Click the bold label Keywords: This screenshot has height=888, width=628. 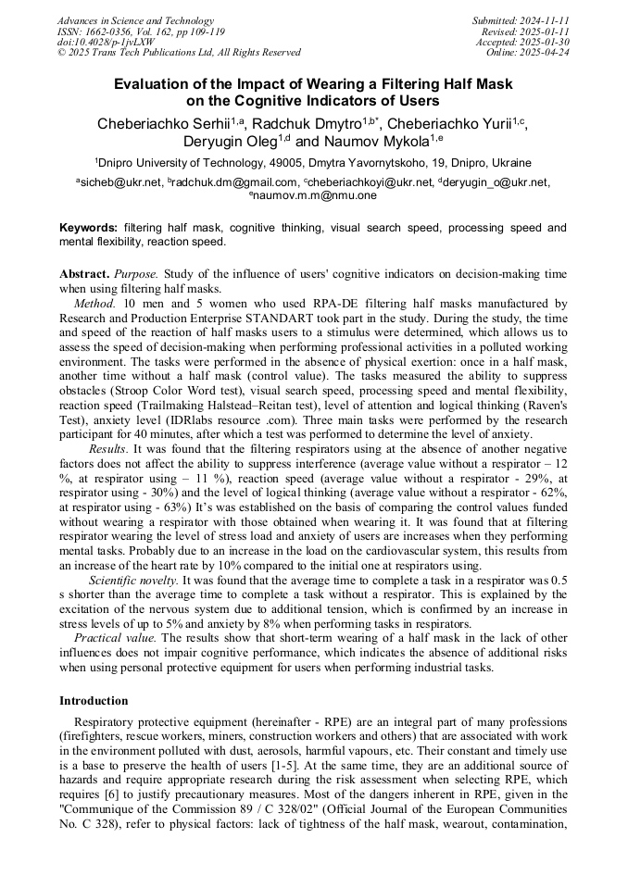click(89, 227)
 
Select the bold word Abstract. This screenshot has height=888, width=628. click(84, 275)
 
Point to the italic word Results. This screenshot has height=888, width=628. click(108, 448)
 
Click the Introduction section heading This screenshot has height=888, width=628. click(94, 701)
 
